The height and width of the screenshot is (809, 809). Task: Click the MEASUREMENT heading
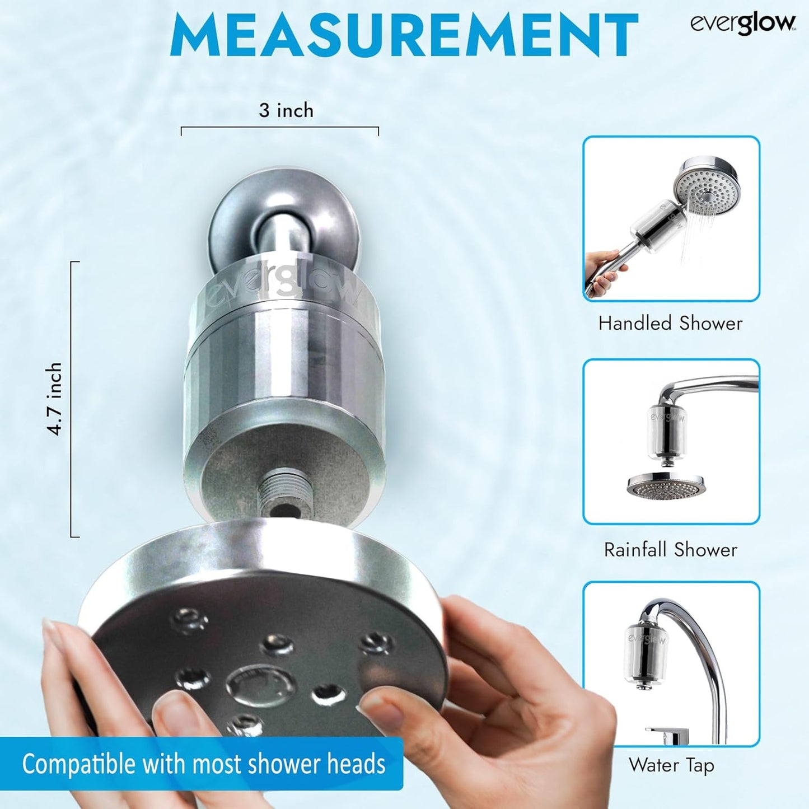tap(404, 35)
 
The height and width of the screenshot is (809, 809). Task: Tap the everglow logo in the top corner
tap(742, 24)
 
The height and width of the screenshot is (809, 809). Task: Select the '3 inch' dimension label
tap(286, 110)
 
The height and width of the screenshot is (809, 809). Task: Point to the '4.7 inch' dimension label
tap(55, 399)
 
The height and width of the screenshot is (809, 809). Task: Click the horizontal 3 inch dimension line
tap(280, 128)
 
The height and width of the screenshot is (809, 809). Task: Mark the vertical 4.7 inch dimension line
tap(72, 399)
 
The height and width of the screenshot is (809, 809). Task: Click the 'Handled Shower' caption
tap(670, 323)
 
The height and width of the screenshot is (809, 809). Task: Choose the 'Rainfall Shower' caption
tap(670, 549)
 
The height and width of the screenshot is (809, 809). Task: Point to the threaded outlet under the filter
tap(284, 490)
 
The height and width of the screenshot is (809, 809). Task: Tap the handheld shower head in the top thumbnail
tap(707, 189)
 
